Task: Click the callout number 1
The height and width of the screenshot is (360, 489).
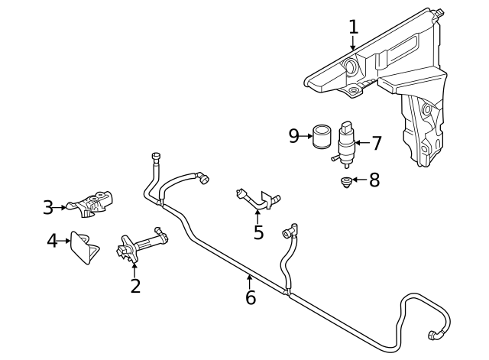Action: (353, 28)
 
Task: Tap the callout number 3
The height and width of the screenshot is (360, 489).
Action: (48, 207)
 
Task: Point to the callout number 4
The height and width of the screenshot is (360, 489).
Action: (52, 242)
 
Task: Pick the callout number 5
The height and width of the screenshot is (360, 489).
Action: (258, 232)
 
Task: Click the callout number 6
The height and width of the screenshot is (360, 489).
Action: (251, 297)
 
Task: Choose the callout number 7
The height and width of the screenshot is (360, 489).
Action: (376, 143)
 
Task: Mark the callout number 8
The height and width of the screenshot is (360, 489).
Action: (374, 180)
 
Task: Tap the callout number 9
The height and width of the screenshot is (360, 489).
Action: (294, 136)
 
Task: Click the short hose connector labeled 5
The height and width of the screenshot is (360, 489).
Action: (257, 200)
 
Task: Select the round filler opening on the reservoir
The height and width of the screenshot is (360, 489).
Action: (352, 66)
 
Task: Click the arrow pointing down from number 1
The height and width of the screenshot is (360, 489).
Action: (353, 44)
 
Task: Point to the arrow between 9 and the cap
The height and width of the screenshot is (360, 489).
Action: (306, 137)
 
